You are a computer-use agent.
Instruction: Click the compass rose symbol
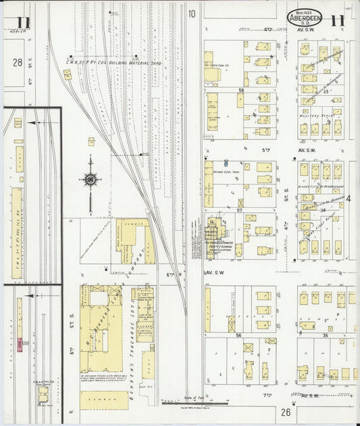pos(91,180)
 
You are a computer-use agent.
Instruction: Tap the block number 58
pos(240,90)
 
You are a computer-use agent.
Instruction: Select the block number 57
pos(239,211)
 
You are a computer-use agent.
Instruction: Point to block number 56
pos(238,335)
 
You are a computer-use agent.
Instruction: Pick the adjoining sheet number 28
pos(18,62)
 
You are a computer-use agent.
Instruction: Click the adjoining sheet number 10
pos(192,13)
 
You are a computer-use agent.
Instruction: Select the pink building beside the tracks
pos(23,344)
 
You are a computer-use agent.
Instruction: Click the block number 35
pos(325,335)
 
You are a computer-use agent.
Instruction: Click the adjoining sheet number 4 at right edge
pos(349,198)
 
